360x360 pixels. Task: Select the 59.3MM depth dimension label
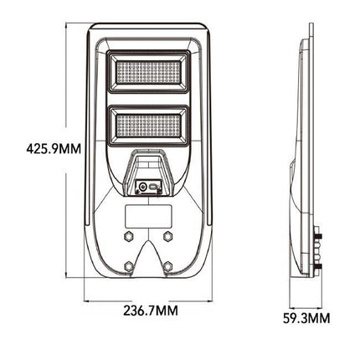point(306,319)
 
